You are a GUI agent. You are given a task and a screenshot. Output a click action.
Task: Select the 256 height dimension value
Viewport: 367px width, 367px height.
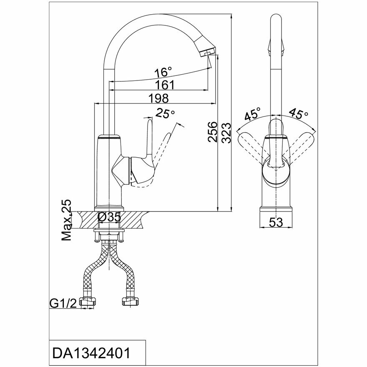point(212,132)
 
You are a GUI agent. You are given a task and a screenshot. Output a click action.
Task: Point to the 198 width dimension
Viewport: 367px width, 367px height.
point(158,98)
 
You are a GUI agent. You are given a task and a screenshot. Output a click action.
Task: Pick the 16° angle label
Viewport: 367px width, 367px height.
point(163,72)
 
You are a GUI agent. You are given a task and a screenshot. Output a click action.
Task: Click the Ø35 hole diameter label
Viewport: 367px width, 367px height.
point(109,217)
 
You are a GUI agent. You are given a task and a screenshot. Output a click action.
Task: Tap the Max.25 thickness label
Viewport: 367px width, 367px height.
point(66,221)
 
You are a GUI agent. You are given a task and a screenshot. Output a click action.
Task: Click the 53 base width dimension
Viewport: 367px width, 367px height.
point(276,222)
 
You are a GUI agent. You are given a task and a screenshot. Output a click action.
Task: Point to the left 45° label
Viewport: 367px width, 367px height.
point(253,113)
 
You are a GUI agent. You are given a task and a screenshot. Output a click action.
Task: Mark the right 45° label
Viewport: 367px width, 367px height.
point(299,113)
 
